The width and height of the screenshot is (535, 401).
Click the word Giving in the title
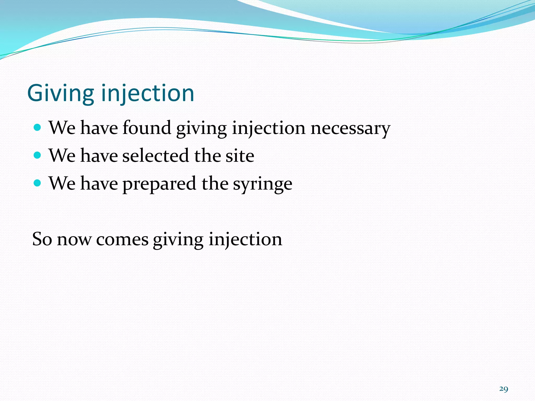(x=60, y=93)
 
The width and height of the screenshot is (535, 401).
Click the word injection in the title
(x=148, y=93)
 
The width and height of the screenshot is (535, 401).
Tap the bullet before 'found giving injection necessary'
(x=38, y=128)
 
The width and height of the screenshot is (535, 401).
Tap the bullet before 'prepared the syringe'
(x=38, y=183)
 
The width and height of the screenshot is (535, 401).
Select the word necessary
(x=350, y=128)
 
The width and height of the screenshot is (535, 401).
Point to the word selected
(x=156, y=156)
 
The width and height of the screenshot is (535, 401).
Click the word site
(x=240, y=156)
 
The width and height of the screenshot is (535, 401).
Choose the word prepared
(x=159, y=184)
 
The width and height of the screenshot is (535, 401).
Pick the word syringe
(x=262, y=184)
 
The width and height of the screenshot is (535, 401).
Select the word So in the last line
(x=42, y=239)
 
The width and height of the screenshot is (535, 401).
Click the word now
(x=74, y=240)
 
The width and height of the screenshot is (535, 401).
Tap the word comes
(x=122, y=240)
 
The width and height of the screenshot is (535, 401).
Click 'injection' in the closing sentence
(x=245, y=240)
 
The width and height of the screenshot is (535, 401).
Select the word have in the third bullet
(x=99, y=184)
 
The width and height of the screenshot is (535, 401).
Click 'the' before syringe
(x=215, y=184)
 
